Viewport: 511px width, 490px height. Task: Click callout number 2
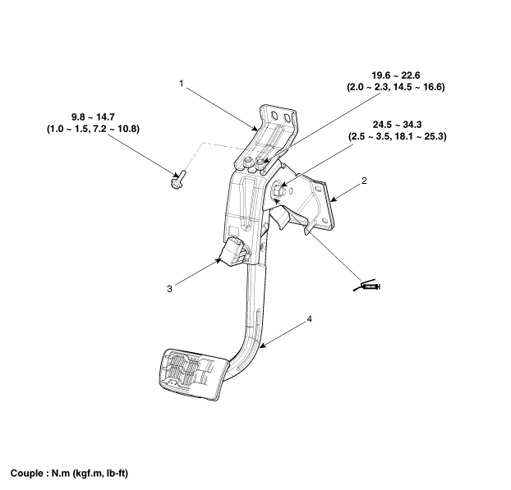(364, 179)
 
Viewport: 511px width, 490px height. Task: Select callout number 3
(169, 288)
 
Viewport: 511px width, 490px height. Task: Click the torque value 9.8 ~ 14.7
(94, 117)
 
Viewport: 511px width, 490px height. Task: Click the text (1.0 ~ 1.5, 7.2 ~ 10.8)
(94, 130)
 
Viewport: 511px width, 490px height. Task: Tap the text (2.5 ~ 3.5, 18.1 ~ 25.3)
(397, 136)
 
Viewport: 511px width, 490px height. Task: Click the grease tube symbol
(366, 286)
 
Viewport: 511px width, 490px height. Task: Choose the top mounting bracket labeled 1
(278, 123)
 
